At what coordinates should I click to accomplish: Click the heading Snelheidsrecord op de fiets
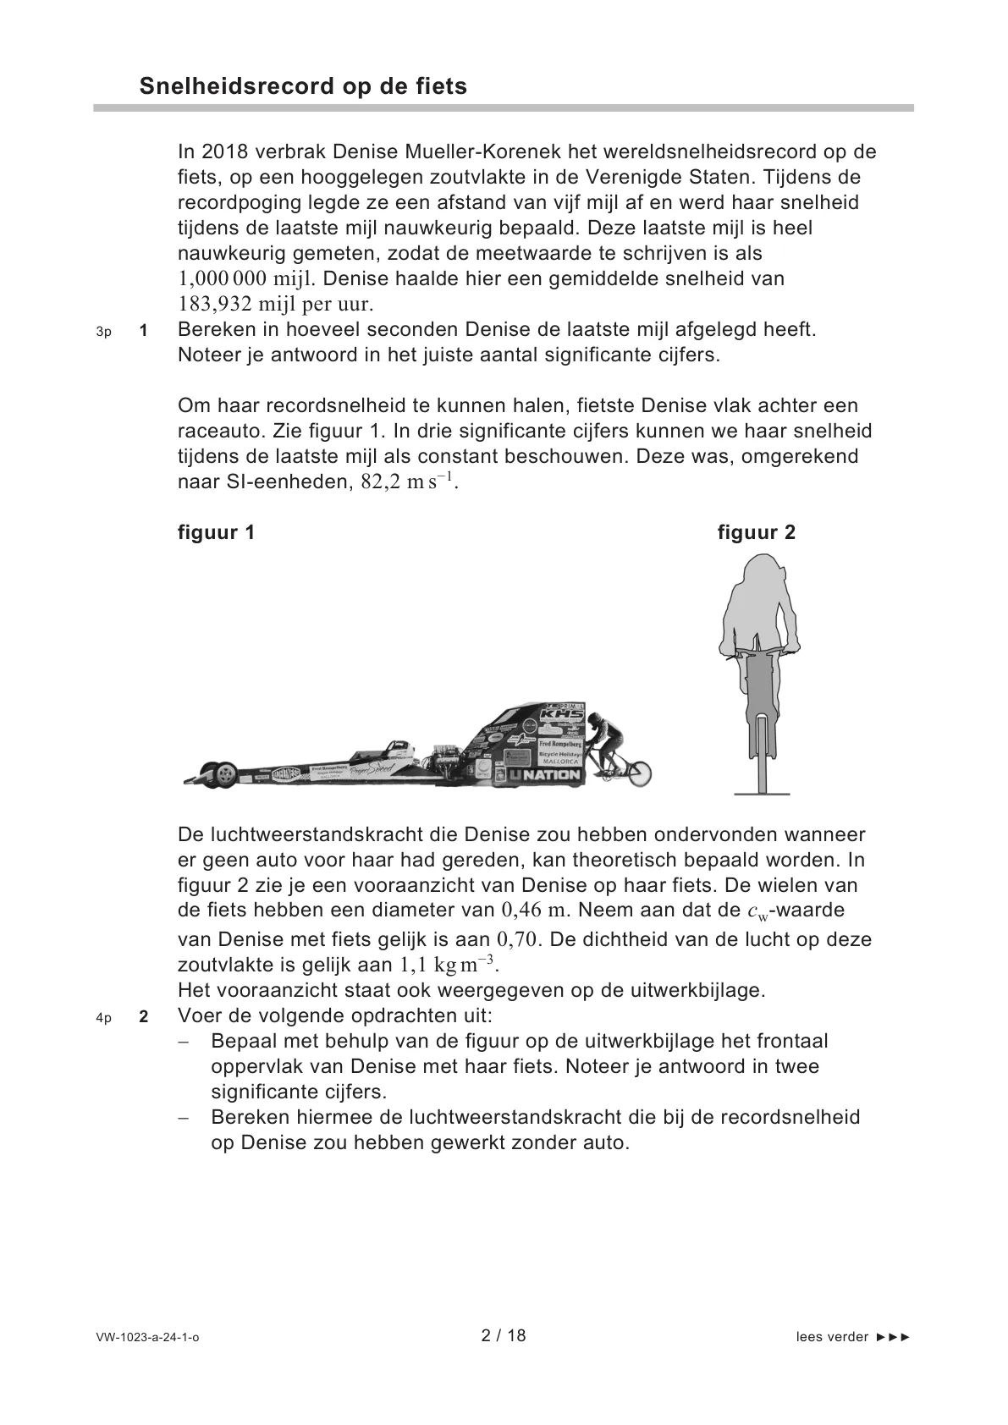pos(303,86)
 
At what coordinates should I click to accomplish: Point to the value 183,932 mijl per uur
pos(275,304)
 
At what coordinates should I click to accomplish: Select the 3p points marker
pos(104,332)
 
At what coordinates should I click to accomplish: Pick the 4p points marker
pos(104,1018)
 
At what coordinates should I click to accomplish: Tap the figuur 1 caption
pos(216,532)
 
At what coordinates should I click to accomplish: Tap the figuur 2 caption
pos(756,532)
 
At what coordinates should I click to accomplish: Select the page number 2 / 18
pos(504,1336)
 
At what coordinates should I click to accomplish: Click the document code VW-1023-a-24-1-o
pos(148,1338)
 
